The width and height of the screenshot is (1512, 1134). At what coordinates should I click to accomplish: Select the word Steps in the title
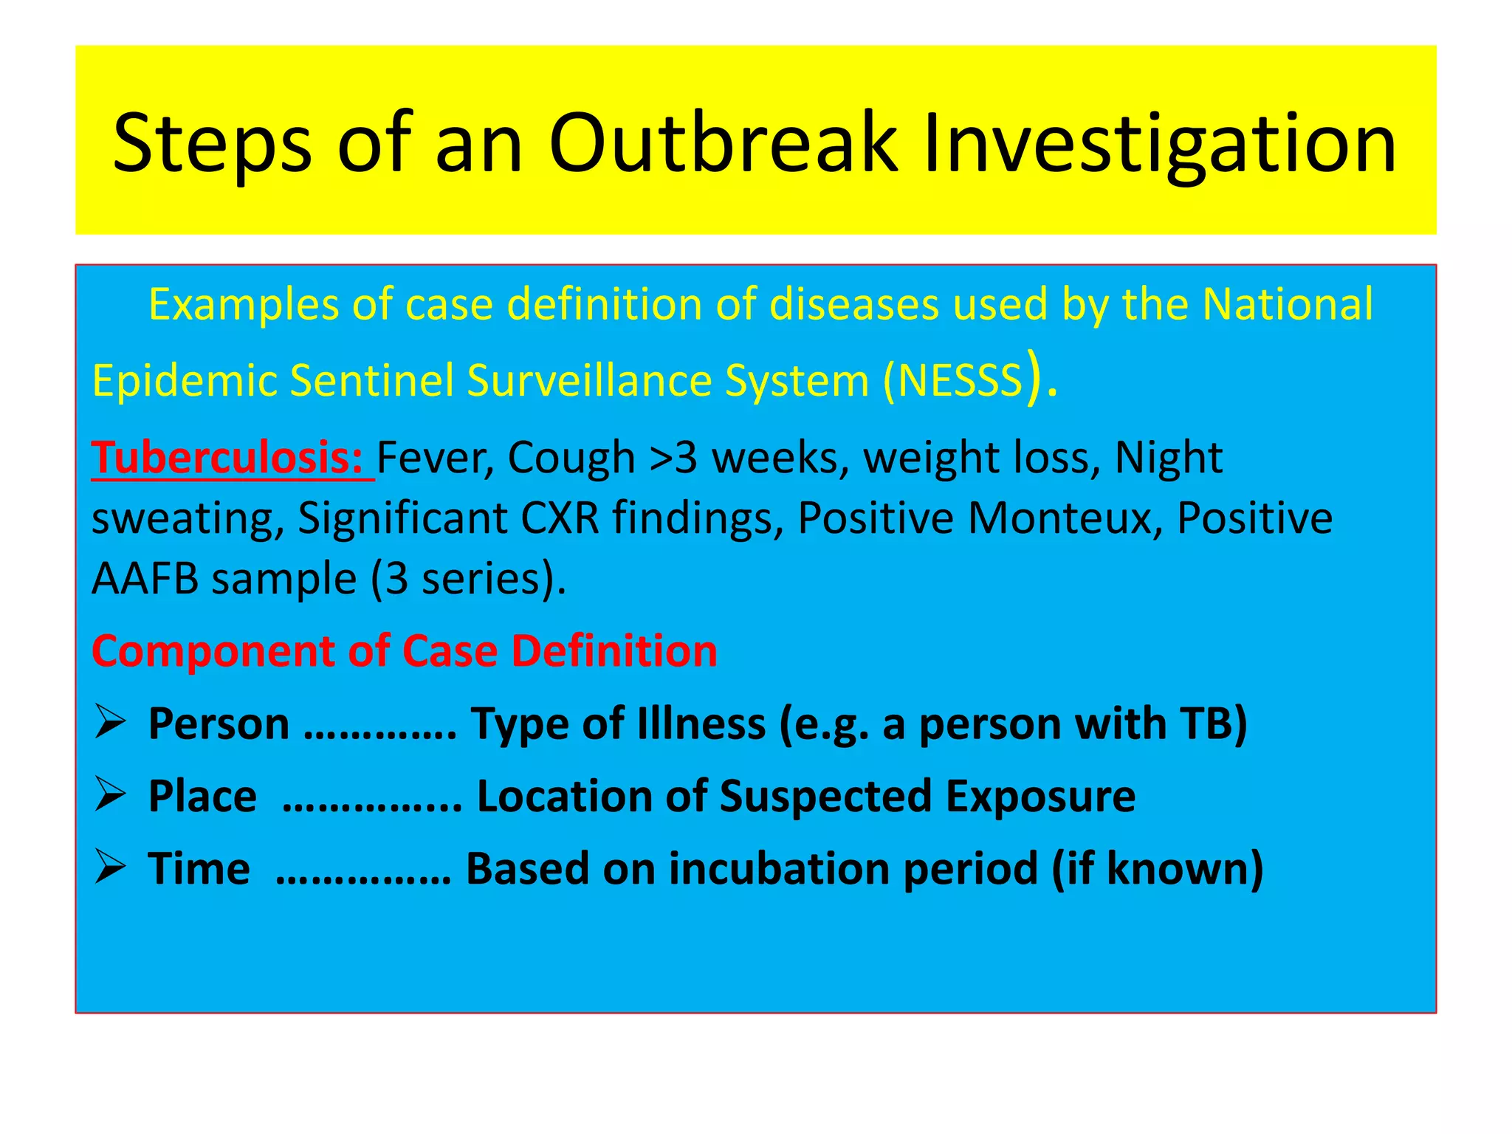click(213, 143)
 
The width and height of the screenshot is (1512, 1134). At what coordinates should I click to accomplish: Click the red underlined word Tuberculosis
click(227, 458)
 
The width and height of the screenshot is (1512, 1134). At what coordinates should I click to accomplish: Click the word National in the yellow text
click(1288, 304)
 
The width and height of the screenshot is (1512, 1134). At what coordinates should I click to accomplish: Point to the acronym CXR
click(560, 518)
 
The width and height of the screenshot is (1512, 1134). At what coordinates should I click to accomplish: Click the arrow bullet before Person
click(111, 723)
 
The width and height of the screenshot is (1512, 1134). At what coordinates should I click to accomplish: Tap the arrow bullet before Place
click(111, 796)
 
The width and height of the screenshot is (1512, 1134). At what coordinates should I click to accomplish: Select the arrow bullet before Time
click(111, 867)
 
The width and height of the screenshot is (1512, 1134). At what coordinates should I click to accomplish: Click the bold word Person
click(219, 724)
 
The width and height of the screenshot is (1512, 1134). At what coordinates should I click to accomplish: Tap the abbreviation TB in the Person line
click(1206, 724)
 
